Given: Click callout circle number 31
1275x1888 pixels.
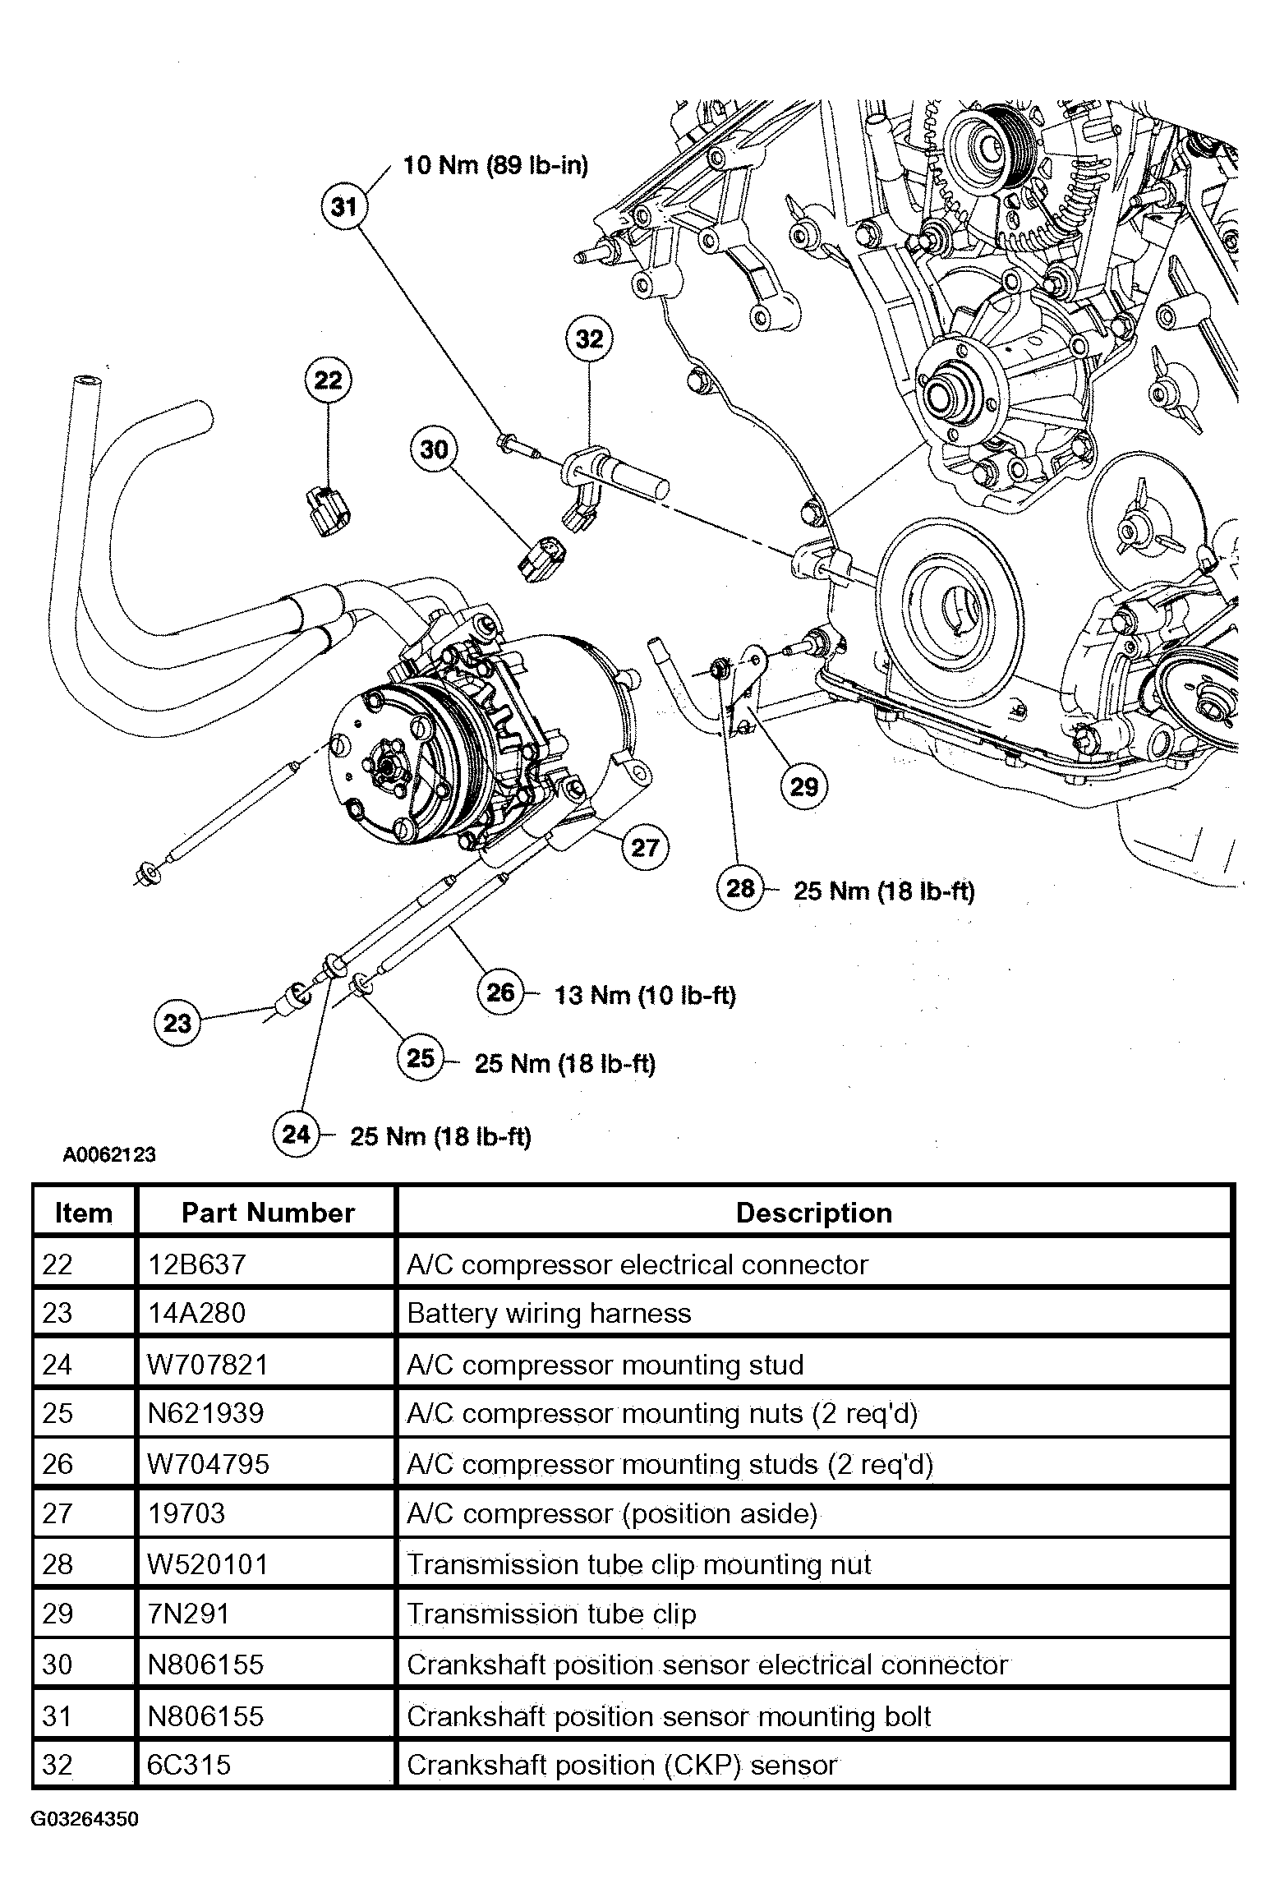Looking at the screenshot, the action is tap(344, 205).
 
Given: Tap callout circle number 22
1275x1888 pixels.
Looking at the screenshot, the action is tap(329, 380).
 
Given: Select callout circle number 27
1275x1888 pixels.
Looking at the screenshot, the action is tap(646, 846).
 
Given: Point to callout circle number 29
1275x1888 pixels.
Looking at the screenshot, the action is tap(804, 787).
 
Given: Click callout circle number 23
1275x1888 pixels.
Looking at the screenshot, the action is tap(177, 1023).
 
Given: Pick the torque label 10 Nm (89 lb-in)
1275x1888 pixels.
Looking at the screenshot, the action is tap(495, 165).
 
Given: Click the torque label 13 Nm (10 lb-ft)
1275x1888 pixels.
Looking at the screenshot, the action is tap(645, 995).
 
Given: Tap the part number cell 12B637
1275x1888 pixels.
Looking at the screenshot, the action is tap(196, 1264).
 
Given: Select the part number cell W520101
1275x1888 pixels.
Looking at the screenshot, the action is tap(208, 1563).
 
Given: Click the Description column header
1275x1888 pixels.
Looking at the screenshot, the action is tap(814, 1213).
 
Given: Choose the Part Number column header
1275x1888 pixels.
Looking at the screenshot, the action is tap(268, 1213).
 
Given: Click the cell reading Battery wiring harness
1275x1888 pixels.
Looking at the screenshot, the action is tap(549, 1313).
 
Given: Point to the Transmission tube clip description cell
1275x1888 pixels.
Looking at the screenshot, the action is tap(551, 1614).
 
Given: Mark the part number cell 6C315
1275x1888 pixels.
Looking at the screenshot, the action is tap(189, 1764).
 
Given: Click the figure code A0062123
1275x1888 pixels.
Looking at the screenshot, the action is tap(109, 1154).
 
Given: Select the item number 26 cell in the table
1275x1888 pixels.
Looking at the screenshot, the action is tap(58, 1463).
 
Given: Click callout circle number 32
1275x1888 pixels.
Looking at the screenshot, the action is tap(590, 338).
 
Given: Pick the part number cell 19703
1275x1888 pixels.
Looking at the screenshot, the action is tap(186, 1513).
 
